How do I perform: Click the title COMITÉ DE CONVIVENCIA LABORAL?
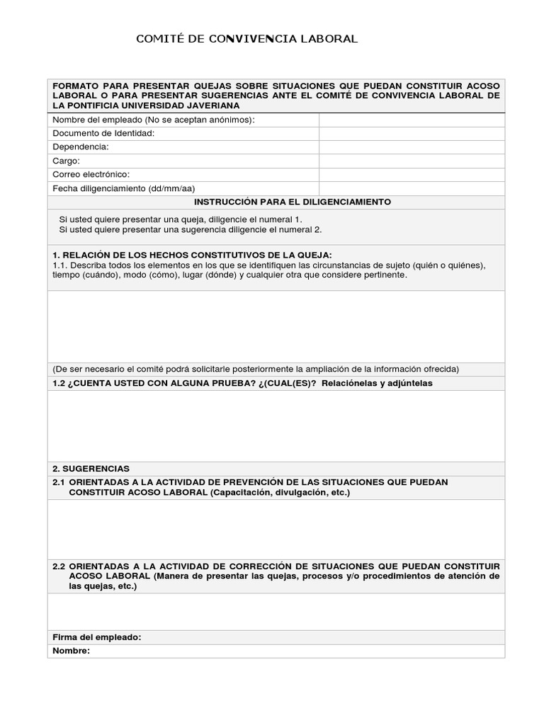(246, 39)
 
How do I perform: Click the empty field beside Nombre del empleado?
(412, 120)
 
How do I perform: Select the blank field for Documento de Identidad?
(412, 133)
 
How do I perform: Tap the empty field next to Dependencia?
(412, 147)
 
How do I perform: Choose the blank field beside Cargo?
(412, 161)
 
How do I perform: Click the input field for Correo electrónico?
(412, 174)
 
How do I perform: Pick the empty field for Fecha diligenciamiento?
(412, 188)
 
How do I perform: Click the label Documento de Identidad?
(103, 133)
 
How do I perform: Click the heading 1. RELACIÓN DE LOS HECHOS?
(192, 255)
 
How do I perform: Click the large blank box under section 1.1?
(276, 326)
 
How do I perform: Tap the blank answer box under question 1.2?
(276, 425)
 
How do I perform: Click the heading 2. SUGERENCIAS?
(91, 469)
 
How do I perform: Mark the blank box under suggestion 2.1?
(276, 528)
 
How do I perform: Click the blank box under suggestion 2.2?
(276, 611)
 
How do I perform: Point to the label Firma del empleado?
(97, 637)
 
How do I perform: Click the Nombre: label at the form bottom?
(72, 651)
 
